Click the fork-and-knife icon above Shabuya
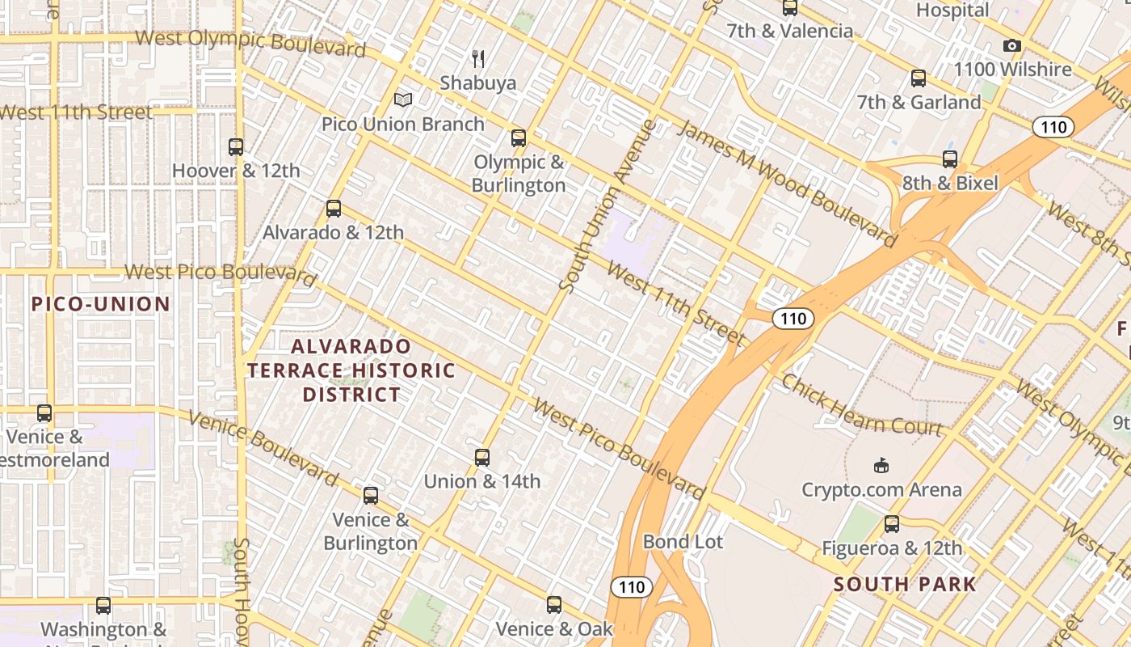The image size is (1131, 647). click(478, 58)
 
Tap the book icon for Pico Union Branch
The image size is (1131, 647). click(403, 99)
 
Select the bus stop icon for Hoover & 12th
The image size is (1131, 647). click(236, 147)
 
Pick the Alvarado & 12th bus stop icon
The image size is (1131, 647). click(334, 209)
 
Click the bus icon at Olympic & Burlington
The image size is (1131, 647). click(519, 138)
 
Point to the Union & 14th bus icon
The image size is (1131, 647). click(482, 458)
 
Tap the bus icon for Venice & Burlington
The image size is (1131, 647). click(371, 496)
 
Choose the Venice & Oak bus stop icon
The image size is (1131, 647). click(554, 604)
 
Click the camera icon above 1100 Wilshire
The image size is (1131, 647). click(1012, 46)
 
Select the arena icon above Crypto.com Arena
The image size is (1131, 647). click(881, 466)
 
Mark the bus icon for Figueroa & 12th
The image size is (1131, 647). click(892, 524)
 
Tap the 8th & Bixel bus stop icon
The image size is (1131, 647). click(950, 159)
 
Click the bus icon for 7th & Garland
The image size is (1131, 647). click(919, 78)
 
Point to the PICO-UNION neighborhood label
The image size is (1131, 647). click(101, 304)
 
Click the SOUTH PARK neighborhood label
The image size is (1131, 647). click(905, 584)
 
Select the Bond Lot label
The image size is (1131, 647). click(683, 542)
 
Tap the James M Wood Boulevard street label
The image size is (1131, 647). click(787, 184)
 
